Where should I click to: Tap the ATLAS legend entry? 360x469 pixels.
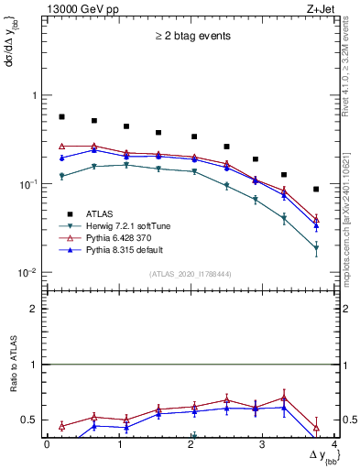pyautogui.click(x=102, y=213)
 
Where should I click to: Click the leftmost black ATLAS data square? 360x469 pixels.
pyautogui.click(x=61, y=117)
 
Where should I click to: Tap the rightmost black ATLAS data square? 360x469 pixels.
pyautogui.click(x=316, y=190)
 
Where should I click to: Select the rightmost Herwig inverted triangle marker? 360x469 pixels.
pyautogui.click(x=316, y=248)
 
